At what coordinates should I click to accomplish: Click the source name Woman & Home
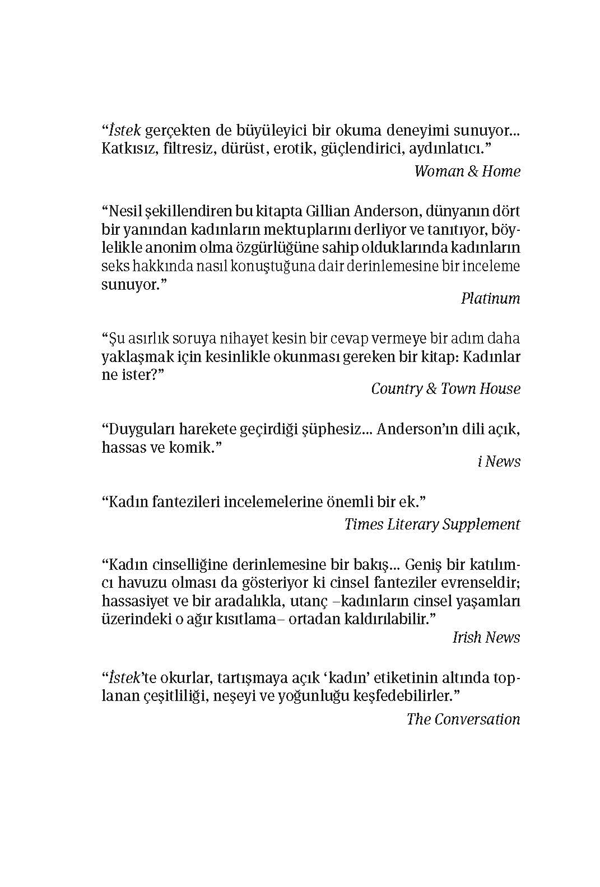coord(467,171)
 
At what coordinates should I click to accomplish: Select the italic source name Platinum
coord(490,298)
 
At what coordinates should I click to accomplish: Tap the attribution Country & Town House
coord(445,389)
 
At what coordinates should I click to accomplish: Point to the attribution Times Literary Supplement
coord(432,524)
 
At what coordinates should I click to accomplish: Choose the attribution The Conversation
coord(463,719)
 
